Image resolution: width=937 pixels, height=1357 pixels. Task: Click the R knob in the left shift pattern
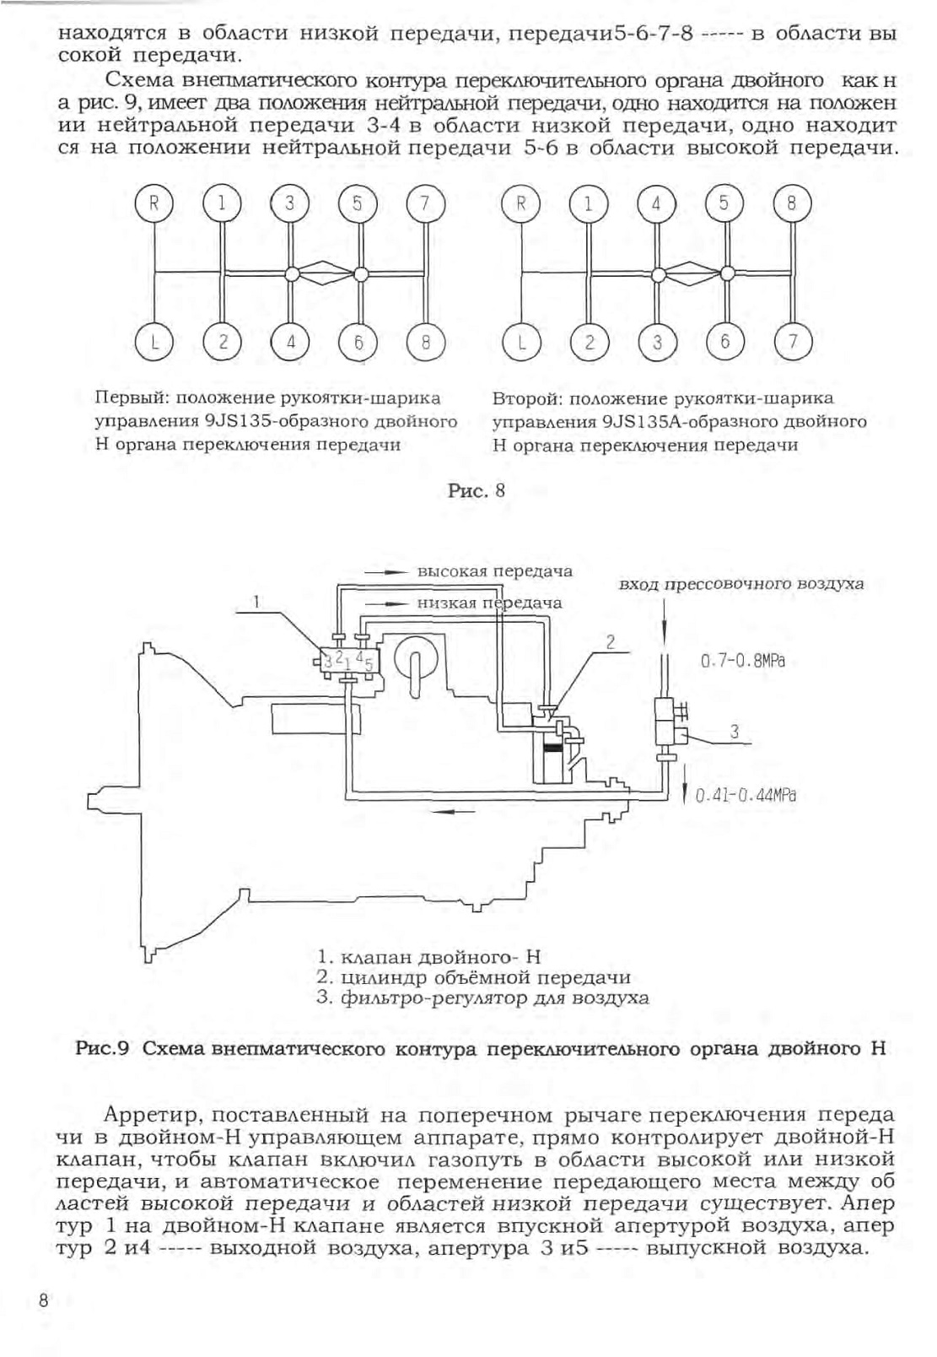(153, 203)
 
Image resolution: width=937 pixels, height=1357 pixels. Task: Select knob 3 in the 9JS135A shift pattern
(657, 343)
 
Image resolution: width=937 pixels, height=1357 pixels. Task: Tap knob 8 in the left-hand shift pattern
(426, 343)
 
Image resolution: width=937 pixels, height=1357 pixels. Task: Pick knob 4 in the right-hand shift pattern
(656, 203)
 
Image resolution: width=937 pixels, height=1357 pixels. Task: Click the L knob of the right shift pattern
(521, 343)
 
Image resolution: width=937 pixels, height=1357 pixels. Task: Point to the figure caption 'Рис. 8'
(476, 490)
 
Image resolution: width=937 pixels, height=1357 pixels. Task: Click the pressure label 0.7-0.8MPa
(743, 660)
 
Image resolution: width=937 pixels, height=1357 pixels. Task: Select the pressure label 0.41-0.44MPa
(745, 795)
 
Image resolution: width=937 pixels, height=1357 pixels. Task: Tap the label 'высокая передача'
(494, 571)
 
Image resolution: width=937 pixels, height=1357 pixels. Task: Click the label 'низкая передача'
(489, 603)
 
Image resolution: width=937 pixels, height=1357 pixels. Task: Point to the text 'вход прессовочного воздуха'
(740, 585)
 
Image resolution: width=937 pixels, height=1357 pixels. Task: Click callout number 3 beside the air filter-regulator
(735, 732)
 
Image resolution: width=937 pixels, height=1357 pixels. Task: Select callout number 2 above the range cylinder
(610, 642)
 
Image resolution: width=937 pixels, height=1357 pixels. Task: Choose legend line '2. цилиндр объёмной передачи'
(473, 977)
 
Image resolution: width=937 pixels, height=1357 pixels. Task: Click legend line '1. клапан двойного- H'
(428, 956)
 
